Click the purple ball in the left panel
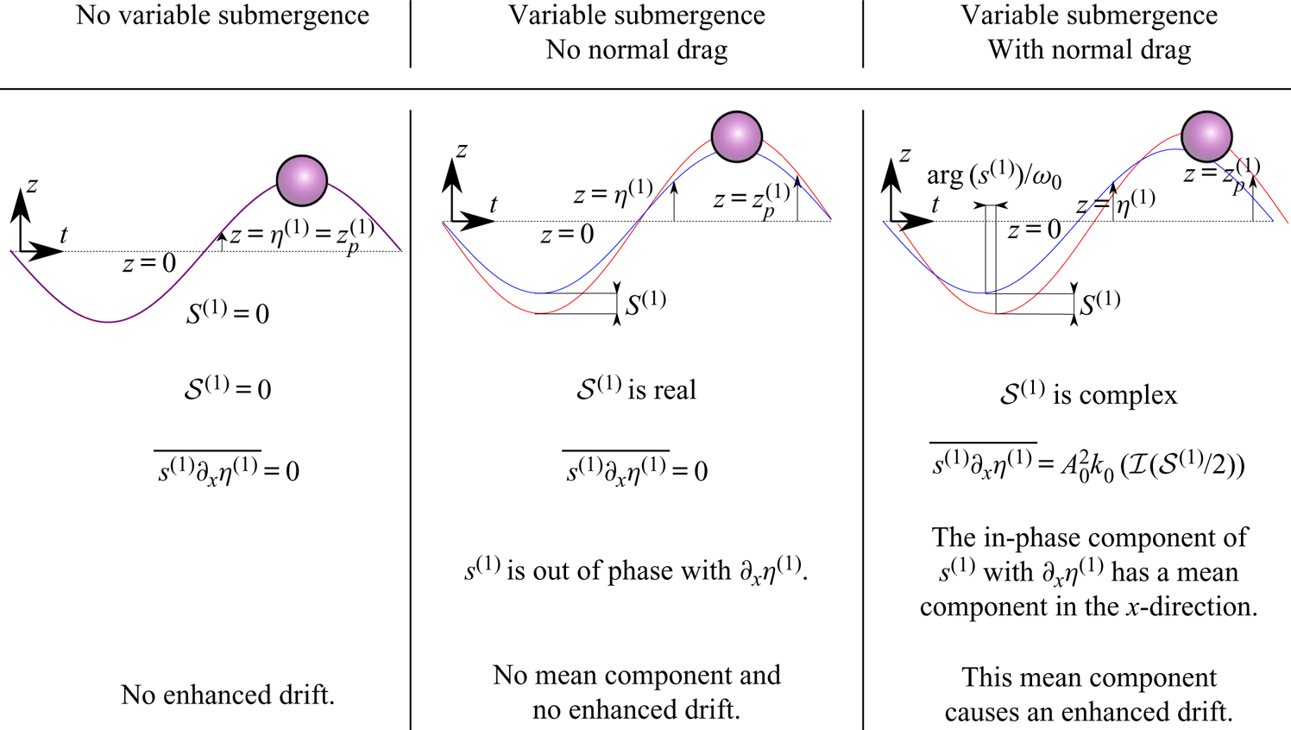point(301,180)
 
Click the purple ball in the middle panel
point(736,136)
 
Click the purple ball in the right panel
point(1206,136)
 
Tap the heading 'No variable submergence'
point(223,16)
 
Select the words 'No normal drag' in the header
point(637,50)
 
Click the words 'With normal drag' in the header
point(1089,50)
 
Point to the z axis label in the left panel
point(32,185)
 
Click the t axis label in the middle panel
point(493,205)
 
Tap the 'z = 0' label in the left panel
point(148,263)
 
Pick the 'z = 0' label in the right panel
point(1034,230)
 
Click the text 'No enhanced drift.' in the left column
point(228,695)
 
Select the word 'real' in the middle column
point(673,390)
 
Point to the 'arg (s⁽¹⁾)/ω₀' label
point(993,176)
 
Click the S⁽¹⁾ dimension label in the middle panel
point(645,303)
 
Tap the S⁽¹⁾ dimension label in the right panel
point(1099,303)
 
